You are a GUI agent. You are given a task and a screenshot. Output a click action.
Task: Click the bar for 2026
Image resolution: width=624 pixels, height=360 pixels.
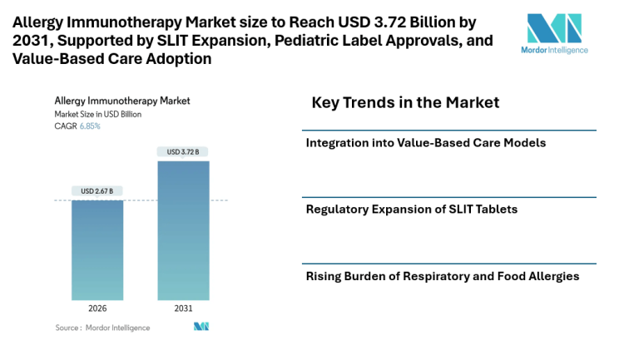[x=97, y=249]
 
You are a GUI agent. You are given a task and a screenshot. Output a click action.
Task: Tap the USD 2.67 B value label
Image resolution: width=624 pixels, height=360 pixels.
[x=97, y=191]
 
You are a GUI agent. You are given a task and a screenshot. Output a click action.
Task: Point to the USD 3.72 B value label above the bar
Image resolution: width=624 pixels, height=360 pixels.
[x=183, y=151]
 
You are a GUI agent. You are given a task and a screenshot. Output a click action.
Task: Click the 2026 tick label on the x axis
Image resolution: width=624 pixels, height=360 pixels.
[x=97, y=308]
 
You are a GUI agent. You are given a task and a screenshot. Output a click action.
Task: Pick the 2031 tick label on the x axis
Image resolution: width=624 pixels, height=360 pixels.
[x=183, y=308]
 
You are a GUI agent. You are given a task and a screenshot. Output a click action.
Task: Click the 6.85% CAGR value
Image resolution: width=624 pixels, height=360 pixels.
[x=89, y=126]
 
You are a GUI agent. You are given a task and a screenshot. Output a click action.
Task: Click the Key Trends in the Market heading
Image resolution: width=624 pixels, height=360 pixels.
[x=405, y=103]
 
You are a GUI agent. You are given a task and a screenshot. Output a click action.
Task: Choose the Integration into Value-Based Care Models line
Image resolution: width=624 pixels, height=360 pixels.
[x=426, y=143]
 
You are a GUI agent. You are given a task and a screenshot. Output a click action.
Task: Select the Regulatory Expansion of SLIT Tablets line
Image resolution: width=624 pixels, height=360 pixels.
[x=412, y=209]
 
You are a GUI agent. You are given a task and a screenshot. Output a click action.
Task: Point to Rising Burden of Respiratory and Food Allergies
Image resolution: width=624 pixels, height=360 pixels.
[x=443, y=276]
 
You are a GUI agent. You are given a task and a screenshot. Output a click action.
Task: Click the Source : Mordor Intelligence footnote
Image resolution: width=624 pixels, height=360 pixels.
[x=102, y=328]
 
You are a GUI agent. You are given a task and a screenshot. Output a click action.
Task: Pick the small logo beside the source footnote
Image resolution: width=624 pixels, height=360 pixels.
[x=201, y=328]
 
